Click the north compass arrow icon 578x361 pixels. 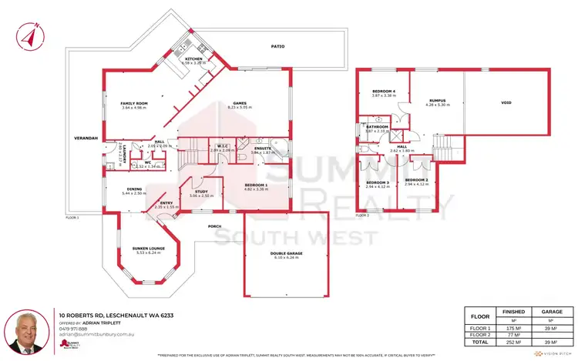click(x=29, y=34)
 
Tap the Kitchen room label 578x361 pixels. click(x=193, y=58)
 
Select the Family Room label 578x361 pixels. click(x=134, y=103)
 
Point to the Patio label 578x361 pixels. click(x=277, y=47)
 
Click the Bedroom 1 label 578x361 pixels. click(x=257, y=186)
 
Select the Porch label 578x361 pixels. click(x=216, y=226)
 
